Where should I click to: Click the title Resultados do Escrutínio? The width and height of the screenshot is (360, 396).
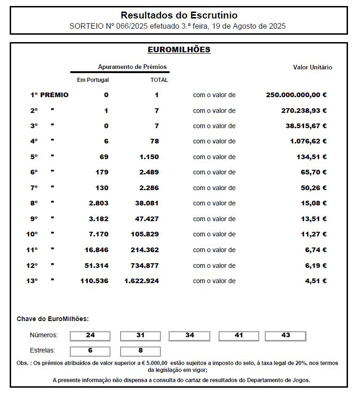tap(179, 16)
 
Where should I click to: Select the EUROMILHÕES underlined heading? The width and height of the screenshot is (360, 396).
tap(179, 49)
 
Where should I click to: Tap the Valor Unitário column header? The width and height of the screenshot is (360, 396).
tap(312, 67)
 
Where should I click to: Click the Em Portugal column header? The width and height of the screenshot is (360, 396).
tap(93, 80)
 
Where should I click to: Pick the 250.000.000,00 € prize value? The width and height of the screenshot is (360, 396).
tap(296, 95)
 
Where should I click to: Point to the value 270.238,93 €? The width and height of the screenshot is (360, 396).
tap(304, 111)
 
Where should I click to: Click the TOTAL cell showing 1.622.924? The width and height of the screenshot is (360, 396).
tap(141, 281)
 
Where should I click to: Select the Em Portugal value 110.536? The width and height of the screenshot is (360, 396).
tap(94, 281)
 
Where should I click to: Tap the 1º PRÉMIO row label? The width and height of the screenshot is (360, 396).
tap(49, 95)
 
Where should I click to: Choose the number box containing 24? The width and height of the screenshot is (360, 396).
tap(90, 335)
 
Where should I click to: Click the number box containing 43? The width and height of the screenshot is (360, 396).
tap(286, 335)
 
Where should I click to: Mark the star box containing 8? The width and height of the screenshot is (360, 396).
tap(140, 351)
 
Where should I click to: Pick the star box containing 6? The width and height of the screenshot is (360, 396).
tap(90, 351)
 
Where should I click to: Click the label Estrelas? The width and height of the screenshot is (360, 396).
tap(43, 350)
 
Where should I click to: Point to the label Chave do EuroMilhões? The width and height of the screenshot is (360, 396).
tap(53, 319)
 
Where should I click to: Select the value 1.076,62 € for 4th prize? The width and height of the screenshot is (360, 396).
tap(308, 141)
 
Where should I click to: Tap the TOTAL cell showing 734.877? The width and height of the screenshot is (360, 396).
tap(145, 266)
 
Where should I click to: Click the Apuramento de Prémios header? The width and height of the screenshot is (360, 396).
tap(132, 67)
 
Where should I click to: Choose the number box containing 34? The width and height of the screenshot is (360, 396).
tap(189, 335)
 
